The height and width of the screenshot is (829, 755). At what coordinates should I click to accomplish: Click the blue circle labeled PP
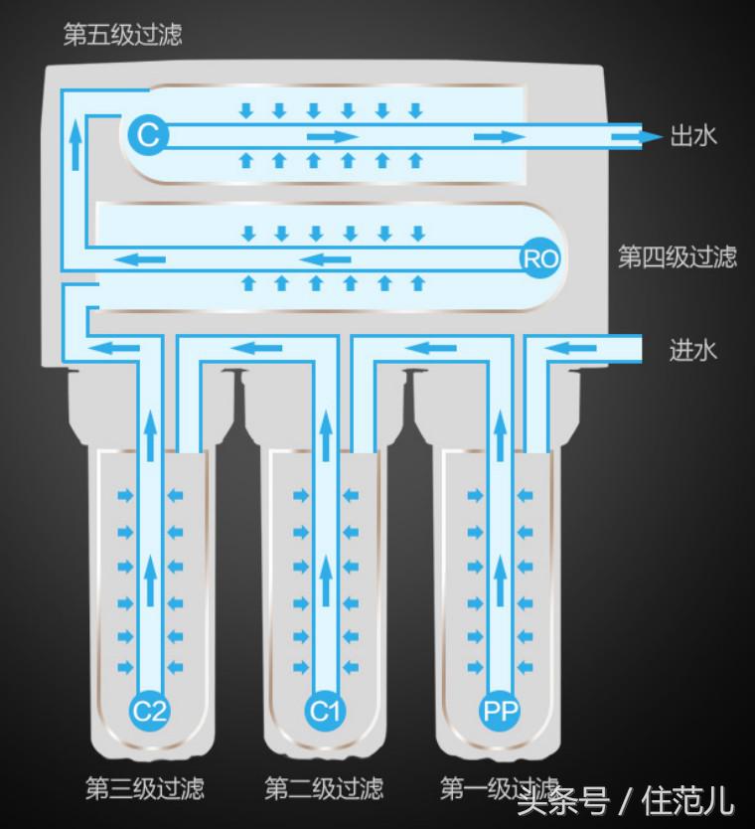(x=500, y=710)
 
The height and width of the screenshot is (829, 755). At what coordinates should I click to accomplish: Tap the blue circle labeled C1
(x=325, y=710)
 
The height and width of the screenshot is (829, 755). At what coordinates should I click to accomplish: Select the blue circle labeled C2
(x=150, y=710)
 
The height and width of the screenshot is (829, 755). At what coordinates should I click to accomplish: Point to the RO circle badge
(x=540, y=258)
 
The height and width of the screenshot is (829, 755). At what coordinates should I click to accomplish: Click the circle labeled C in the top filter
(x=148, y=135)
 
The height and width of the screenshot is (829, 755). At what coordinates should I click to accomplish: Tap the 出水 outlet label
(x=693, y=136)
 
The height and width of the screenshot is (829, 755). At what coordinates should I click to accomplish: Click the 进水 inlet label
(x=692, y=350)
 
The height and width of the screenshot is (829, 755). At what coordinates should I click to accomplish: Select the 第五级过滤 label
(x=122, y=35)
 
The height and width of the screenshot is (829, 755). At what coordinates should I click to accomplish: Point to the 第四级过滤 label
(x=678, y=256)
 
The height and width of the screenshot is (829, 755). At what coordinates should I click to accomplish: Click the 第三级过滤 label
(x=145, y=788)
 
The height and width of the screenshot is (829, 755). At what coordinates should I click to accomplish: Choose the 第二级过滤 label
(x=324, y=788)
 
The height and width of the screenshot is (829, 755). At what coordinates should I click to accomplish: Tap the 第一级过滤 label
(x=500, y=788)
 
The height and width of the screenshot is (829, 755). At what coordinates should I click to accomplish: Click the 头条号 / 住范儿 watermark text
(x=626, y=801)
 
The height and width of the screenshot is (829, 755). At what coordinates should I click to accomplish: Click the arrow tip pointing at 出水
(x=663, y=137)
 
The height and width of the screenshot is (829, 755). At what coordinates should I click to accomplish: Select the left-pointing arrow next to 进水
(x=569, y=349)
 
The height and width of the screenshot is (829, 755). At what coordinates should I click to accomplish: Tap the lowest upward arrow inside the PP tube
(x=500, y=580)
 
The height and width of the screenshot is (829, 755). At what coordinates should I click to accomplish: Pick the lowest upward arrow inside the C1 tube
(x=326, y=580)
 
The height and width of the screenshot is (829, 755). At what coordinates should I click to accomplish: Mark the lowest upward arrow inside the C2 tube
(x=151, y=580)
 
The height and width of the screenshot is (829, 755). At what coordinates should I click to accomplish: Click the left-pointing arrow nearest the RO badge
(x=325, y=259)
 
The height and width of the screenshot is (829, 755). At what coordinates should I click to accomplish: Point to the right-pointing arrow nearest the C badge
(x=333, y=137)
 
